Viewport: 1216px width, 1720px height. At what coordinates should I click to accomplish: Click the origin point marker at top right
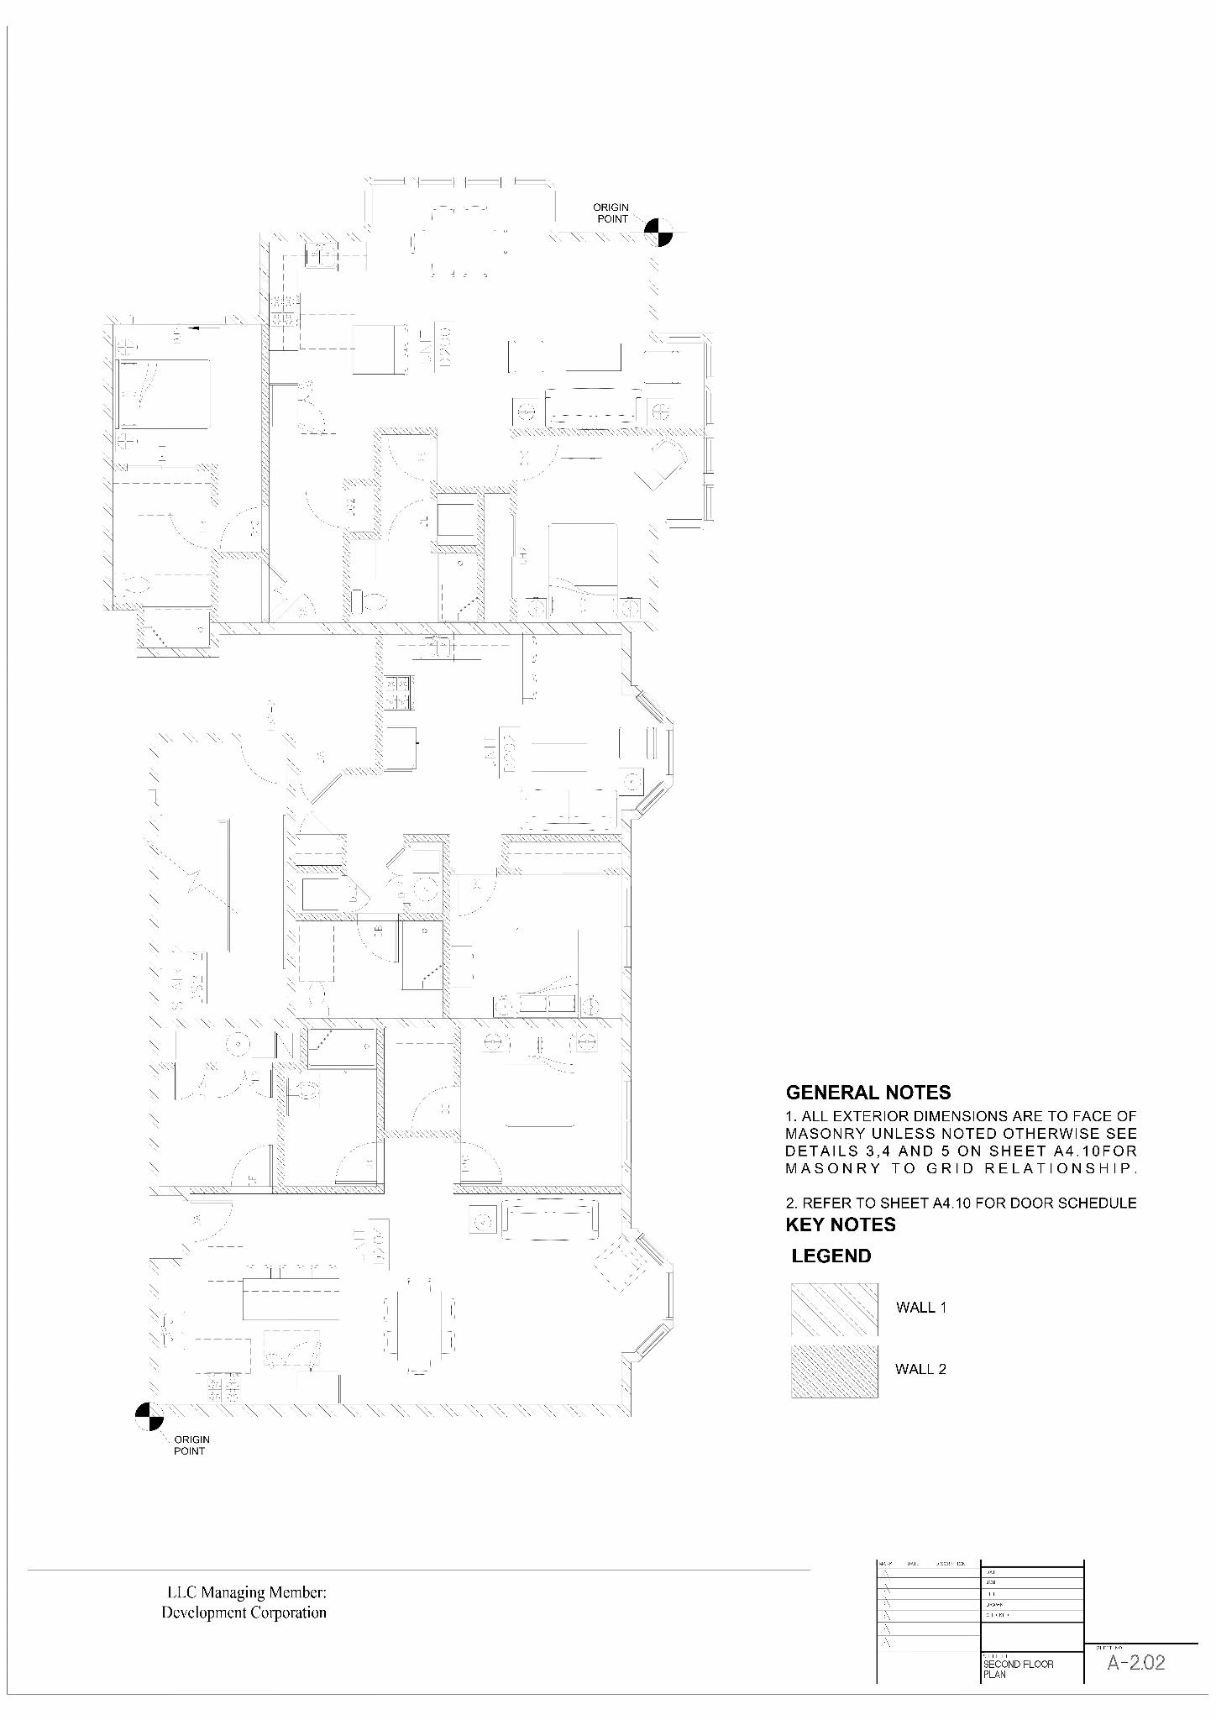(x=658, y=231)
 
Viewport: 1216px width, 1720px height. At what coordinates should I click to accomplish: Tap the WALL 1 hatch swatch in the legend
(x=834, y=1309)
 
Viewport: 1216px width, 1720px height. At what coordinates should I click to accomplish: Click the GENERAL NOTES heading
(x=867, y=1093)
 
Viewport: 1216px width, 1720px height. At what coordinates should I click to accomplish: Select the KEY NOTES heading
(x=840, y=1224)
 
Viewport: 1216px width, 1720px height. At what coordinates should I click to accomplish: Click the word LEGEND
(x=831, y=1256)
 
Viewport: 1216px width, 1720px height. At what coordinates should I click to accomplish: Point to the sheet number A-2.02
(x=1135, y=1662)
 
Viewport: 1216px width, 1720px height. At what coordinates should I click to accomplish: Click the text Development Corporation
(x=244, y=1612)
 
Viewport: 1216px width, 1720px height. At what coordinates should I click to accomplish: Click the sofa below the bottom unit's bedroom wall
(x=550, y=1220)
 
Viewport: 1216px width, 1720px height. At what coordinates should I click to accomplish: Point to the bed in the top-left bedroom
(x=163, y=394)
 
